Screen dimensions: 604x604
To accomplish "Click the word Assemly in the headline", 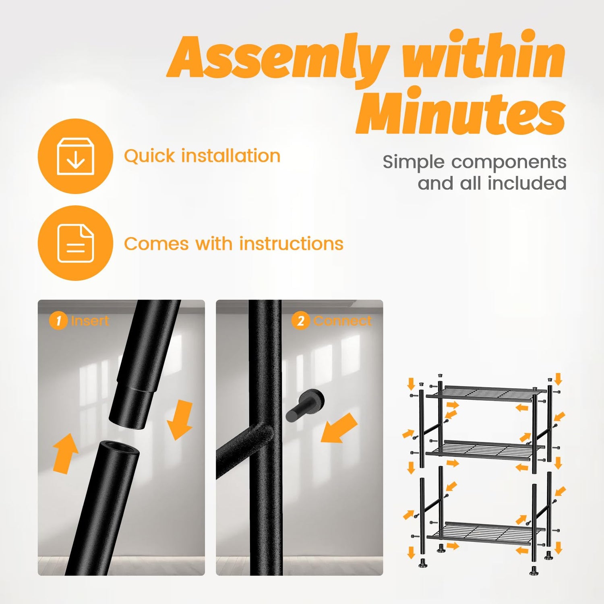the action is pos(278,58).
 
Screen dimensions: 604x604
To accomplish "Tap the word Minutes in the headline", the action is pos(461,111).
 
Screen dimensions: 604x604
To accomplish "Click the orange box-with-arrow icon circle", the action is pos(75,156).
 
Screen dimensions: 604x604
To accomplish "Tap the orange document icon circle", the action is pos(75,243).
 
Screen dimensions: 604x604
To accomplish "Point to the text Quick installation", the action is pos(202,156).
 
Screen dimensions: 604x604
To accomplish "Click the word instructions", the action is pos(291,244).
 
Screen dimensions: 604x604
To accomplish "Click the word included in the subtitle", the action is pos(527,183).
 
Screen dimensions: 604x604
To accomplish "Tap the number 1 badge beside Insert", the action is pos(58,321).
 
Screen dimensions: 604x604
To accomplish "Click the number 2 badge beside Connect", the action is pos(300,321).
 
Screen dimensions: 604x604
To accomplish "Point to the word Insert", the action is pos(90,321).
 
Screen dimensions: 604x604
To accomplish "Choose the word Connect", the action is pos(343,321).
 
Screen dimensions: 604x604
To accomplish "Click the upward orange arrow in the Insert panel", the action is pos(65,453).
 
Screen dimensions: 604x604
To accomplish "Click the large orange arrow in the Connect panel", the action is pos(339,428).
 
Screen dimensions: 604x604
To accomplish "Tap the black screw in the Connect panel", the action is pos(305,405).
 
